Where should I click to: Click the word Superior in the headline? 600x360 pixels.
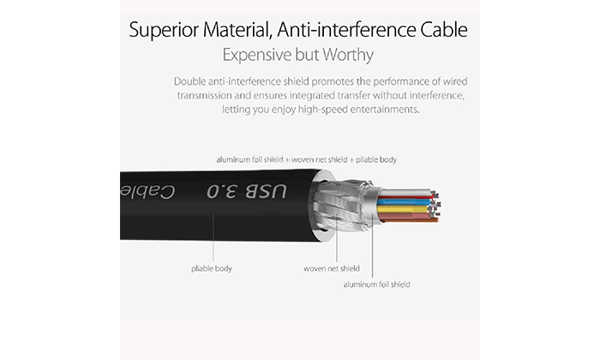pos(165,30)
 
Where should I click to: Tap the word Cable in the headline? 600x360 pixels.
pos(444,29)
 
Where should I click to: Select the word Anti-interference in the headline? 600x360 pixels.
pos(346,29)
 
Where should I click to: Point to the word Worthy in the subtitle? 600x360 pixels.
pos(347,55)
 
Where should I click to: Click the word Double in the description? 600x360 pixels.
pos(189,81)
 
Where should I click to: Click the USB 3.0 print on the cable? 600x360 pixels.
pos(247,192)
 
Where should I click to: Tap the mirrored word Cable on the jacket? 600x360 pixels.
pos(147,192)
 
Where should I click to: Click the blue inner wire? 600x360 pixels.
pos(405,201)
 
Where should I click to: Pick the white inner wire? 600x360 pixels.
pos(406,192)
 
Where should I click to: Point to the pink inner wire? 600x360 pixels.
pos(405,217)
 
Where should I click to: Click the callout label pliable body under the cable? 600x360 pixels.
pos(212,268)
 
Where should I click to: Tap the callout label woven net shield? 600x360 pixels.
pos(332,268)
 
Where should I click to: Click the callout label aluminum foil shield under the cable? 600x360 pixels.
pos(376,285)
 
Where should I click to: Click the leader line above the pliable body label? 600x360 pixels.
pos(213,237)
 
